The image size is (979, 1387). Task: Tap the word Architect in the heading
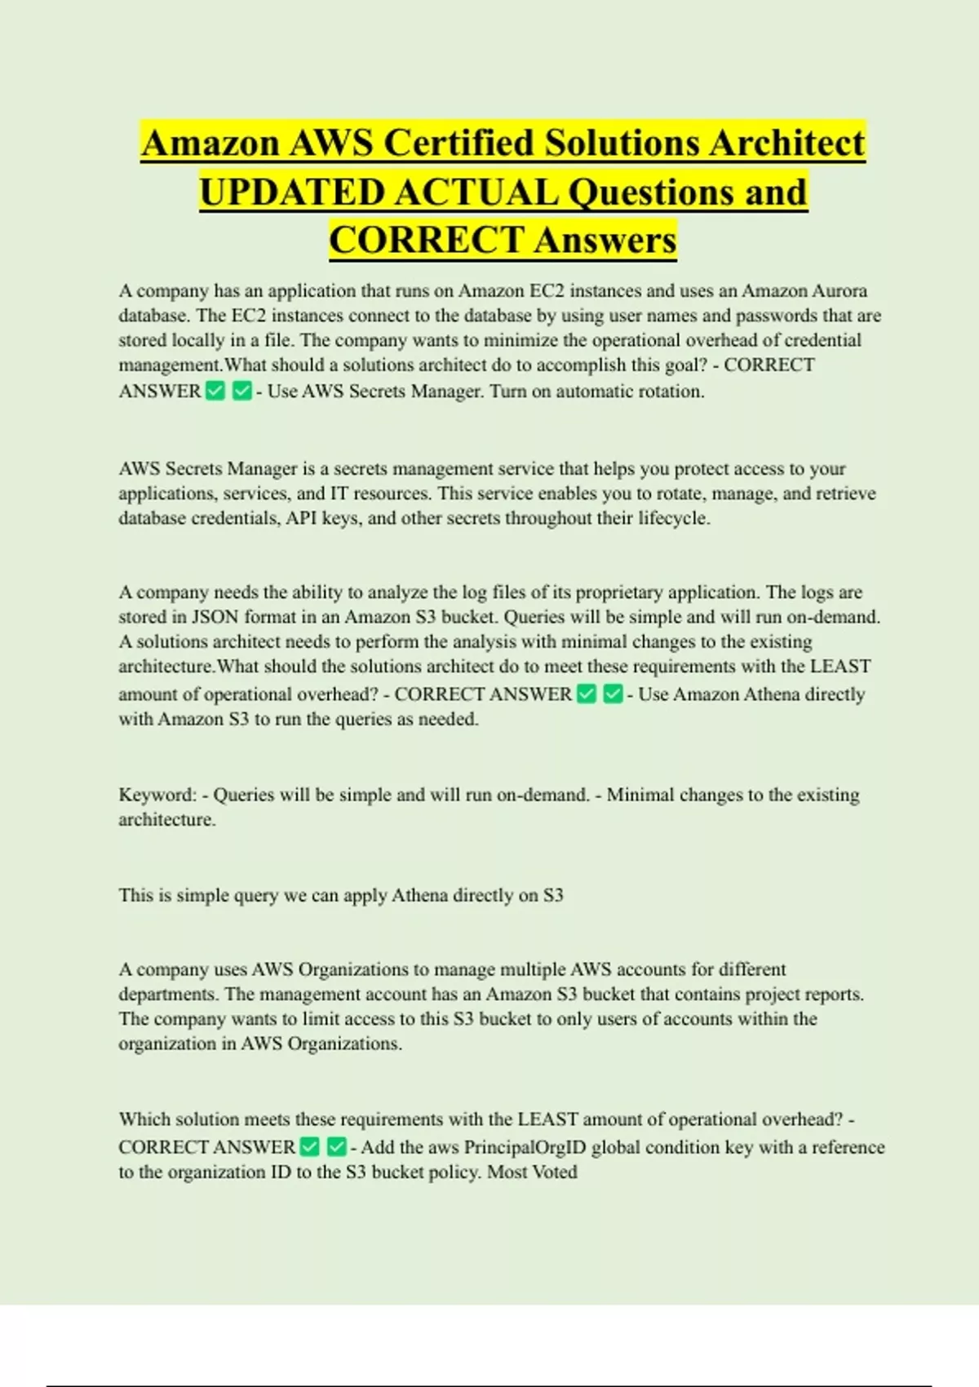786,144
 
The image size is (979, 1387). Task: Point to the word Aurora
838,291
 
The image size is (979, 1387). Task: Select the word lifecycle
674,518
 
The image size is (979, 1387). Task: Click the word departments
168,995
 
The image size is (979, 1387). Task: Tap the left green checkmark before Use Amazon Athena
587,694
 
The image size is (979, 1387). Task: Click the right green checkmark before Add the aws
336,1147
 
